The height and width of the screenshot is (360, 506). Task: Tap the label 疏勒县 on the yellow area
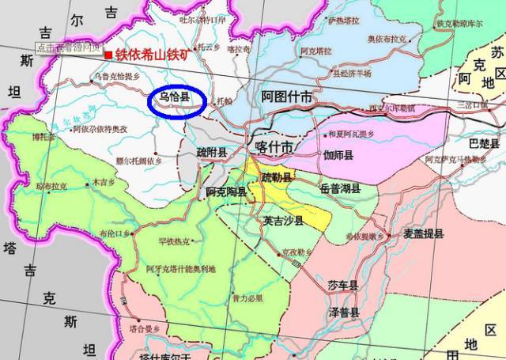(x=277, y=176)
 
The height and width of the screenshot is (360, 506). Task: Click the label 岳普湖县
(x=341, y=188)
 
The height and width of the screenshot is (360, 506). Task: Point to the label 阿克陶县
(x=225, y=191)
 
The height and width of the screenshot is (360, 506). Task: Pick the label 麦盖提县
(x=423, y=233)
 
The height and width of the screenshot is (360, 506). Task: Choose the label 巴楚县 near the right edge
(x=485, y=143)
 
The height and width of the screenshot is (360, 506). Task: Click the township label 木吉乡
(x=104, y=181)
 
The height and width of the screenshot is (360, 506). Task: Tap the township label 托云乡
(x=209, y=47)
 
